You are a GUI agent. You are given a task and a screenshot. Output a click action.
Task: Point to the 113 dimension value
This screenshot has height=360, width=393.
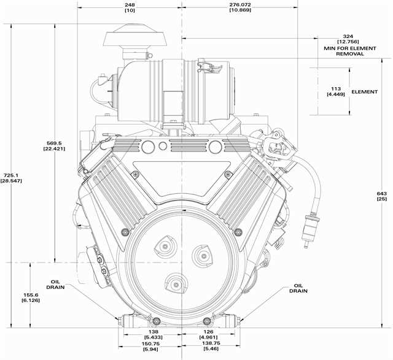pos(335,88)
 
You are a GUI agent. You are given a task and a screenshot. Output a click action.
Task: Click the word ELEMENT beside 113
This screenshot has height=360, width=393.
pos(365,92)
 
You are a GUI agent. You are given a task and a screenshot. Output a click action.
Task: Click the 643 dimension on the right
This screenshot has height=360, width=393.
pos(381,194)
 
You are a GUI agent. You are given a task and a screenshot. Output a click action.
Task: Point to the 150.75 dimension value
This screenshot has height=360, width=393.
pos(150,345)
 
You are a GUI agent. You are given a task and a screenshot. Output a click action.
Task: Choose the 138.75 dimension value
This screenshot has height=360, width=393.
pos(212,345)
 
